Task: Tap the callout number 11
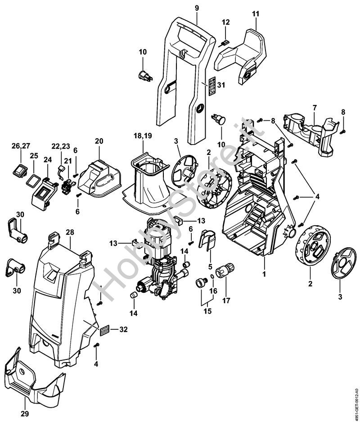coord(256,14)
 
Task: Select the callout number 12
coord(225,22)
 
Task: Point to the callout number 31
coord(220,85)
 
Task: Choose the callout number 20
coord(99,141)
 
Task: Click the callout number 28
coord(69,232)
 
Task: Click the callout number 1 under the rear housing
coord(265,273)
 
